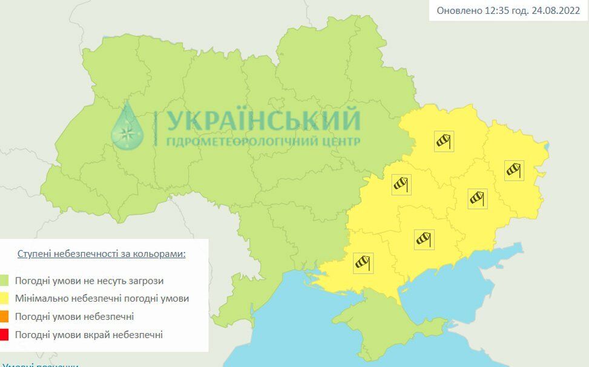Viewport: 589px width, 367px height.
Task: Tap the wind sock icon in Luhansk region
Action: (x=514, y=170)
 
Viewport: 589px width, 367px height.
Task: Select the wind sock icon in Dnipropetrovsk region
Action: (x=401, y=183)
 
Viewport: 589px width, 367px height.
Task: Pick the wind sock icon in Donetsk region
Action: (x=478, y=198)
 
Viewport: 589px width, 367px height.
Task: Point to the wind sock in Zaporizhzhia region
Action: (x=424, y=239)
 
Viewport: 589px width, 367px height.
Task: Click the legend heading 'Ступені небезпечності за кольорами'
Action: (x=101, y=253)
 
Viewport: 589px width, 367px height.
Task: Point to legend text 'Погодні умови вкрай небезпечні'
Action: (x=88, y=334)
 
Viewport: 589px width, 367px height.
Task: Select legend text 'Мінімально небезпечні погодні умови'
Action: (x=102, y=298)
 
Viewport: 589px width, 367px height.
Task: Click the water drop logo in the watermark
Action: (x=127, y=127)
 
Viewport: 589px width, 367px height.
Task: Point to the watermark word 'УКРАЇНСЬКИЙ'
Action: (x=263, y=121)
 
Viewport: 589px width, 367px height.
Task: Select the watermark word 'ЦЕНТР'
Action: (x=341, y=141)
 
